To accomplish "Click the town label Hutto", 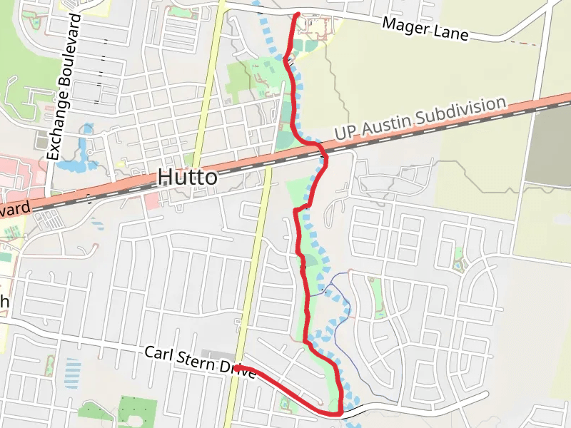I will tap(187, 177).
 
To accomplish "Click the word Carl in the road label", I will tap(158, 353).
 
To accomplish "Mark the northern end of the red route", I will tap(297, 14).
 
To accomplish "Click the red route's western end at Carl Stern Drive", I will tap(237, 367).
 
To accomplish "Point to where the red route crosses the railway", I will tap(323, 151).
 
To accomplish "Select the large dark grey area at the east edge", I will tap(551, 150).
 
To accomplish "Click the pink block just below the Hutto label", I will tap(151, 200).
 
